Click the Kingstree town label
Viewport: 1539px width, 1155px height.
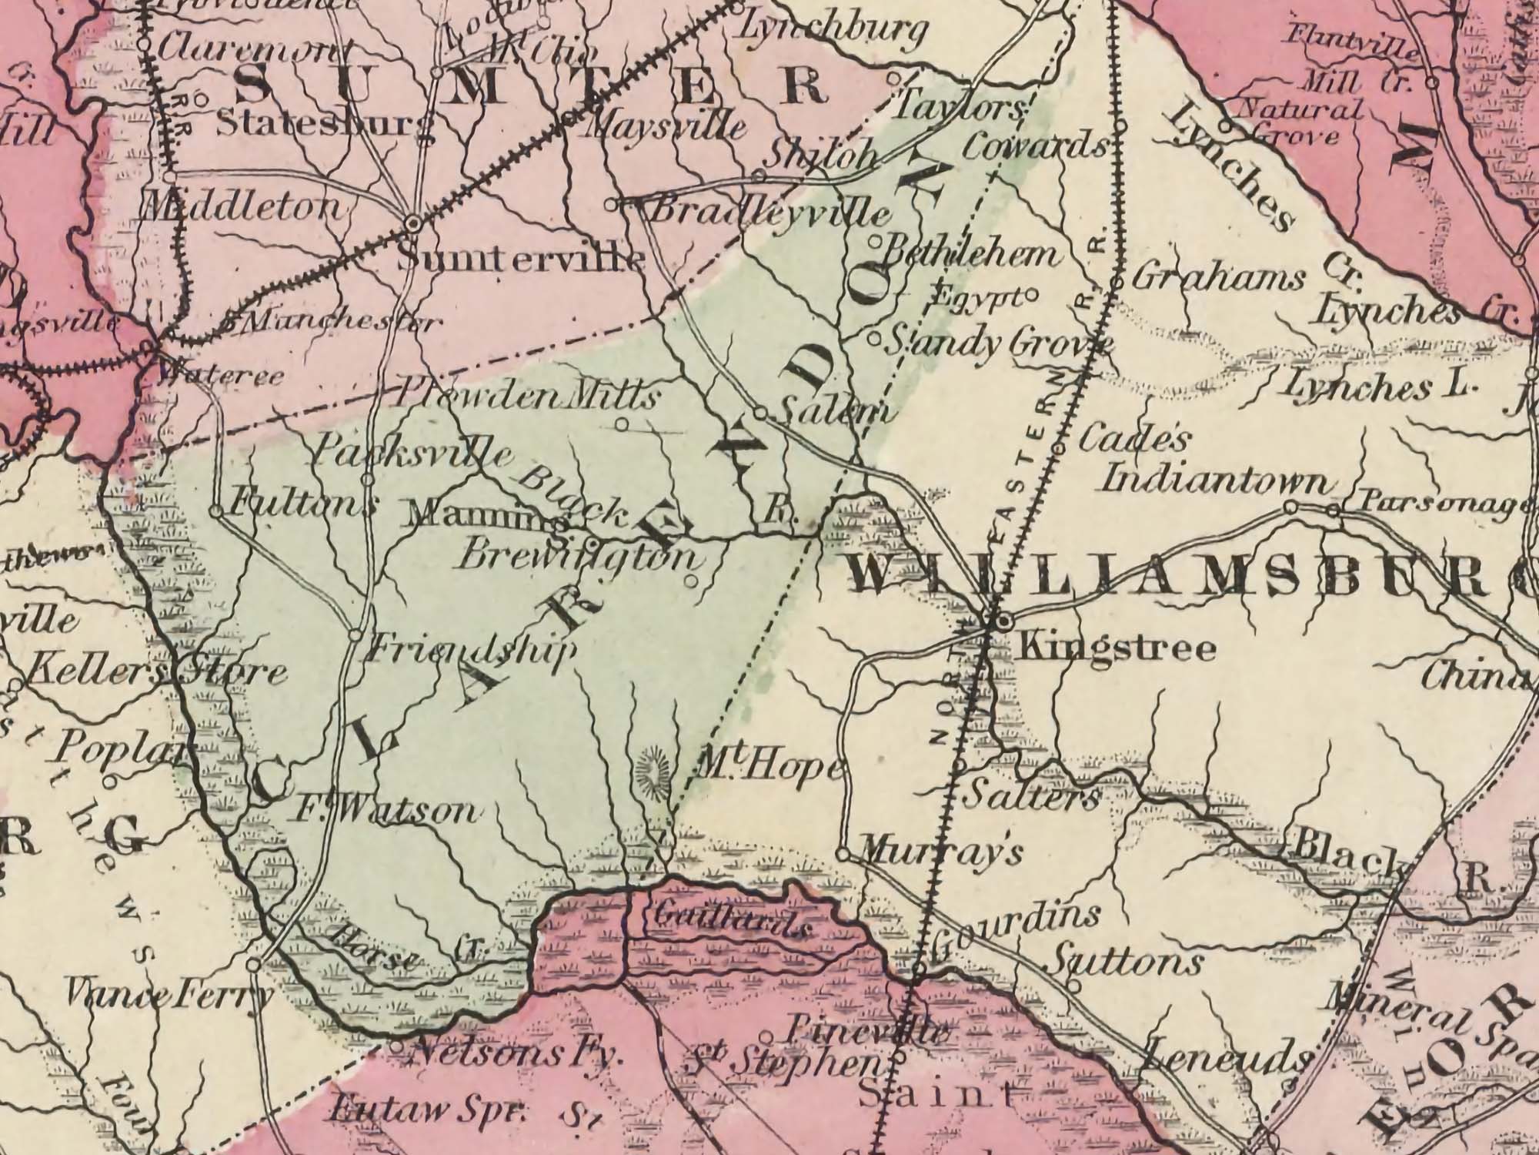(1115, 648)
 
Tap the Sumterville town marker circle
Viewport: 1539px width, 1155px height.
(414, 223)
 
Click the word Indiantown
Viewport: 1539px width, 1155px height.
(1216, 482)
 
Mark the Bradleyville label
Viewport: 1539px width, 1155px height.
(769, 211)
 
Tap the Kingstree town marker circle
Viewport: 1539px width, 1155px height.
(1003, 620)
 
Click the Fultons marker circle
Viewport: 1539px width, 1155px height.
(216, 511)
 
